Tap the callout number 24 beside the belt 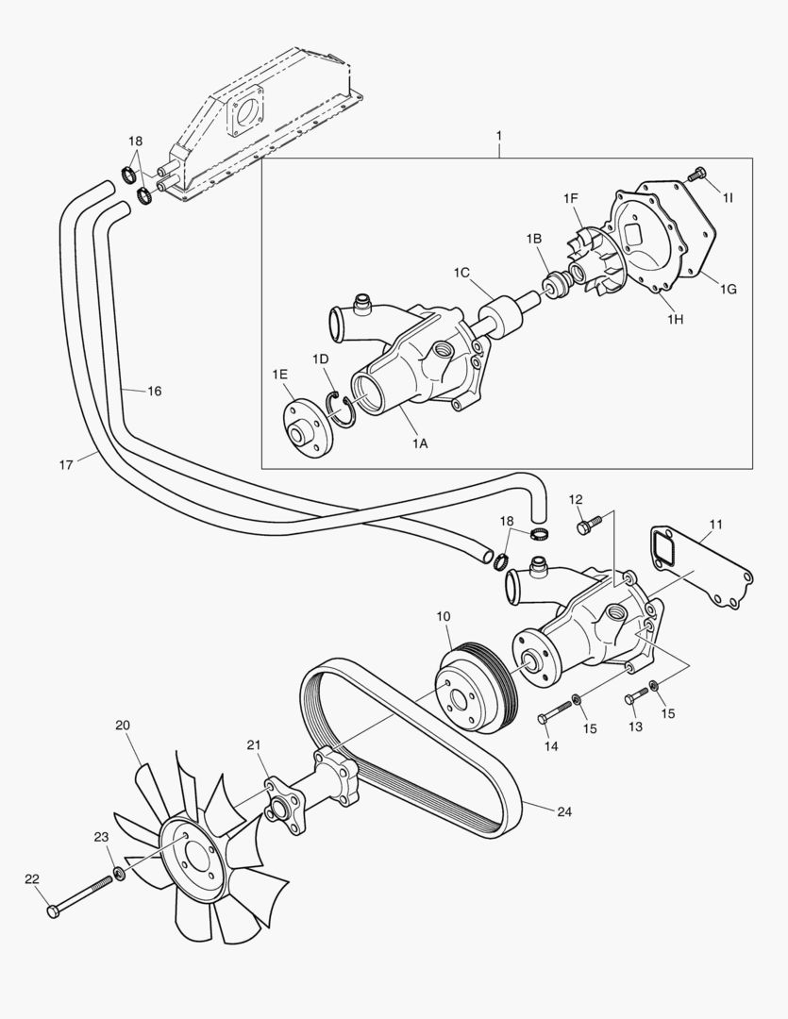(564, 810)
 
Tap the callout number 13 (634, 727)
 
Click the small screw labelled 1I (696, 174)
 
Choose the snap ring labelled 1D (341, 407)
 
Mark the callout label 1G (728, 289)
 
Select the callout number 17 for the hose (66, 463)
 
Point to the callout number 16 (154, 390)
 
